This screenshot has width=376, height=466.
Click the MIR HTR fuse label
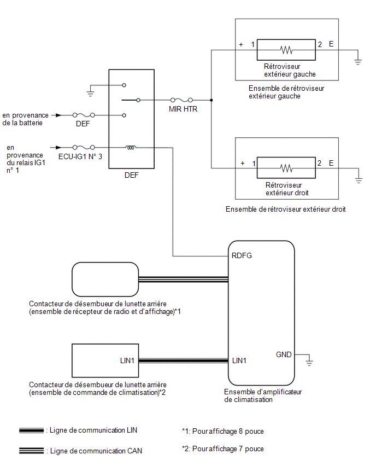[x=183, y=109]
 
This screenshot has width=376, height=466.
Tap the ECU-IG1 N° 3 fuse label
[x=80, y=156]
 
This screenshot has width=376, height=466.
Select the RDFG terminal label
[x=242, y=255]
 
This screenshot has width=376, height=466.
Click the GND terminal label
[x=284, y=354]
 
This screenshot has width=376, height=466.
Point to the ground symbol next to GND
[x=309, y=362]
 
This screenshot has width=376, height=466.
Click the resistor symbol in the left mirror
[x=286, y=50]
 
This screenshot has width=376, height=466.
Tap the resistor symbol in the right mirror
[x=286, y=168]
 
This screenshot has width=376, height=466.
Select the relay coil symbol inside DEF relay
[x=131, y=148]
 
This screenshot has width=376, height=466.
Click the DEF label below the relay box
[x=132, y=176]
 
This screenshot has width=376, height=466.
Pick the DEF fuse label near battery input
[x=83, y=124]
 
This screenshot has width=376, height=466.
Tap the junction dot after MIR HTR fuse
[x=211, y=100]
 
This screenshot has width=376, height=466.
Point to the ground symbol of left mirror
[x=358, y=60]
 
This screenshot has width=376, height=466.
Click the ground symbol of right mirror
[x=359, y=179]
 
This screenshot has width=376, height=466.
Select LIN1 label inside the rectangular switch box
[x=127, y=360]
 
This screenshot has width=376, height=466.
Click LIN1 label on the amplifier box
[x=239, y=360]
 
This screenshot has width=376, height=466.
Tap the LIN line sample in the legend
[x=32, y=430]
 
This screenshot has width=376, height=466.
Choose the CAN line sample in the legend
[x=32, y=451]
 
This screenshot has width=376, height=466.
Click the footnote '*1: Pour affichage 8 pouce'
[x=223, y=431]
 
